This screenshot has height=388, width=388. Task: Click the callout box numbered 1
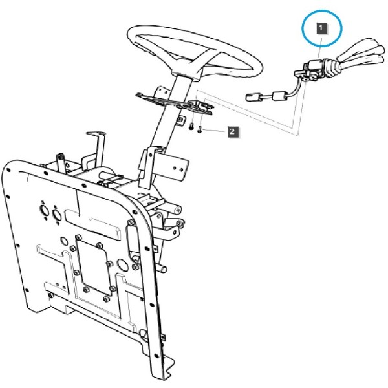pos(321,28)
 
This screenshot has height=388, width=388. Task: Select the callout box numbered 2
pos(233,131)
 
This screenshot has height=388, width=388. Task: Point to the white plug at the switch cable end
pos(253,97)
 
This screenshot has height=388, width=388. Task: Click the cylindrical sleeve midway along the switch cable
pos(279,96)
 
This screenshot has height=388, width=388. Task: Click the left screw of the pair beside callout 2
pos(191,127)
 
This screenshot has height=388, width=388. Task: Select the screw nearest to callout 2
pos(200,129)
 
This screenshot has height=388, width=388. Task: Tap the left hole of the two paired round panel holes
pos(44,210)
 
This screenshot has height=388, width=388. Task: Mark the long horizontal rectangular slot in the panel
pos(92,224)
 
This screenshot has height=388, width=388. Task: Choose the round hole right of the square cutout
pos(123,264)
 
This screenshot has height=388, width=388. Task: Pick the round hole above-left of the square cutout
pos(64,241)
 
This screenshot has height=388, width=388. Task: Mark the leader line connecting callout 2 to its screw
pos(214,131)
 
